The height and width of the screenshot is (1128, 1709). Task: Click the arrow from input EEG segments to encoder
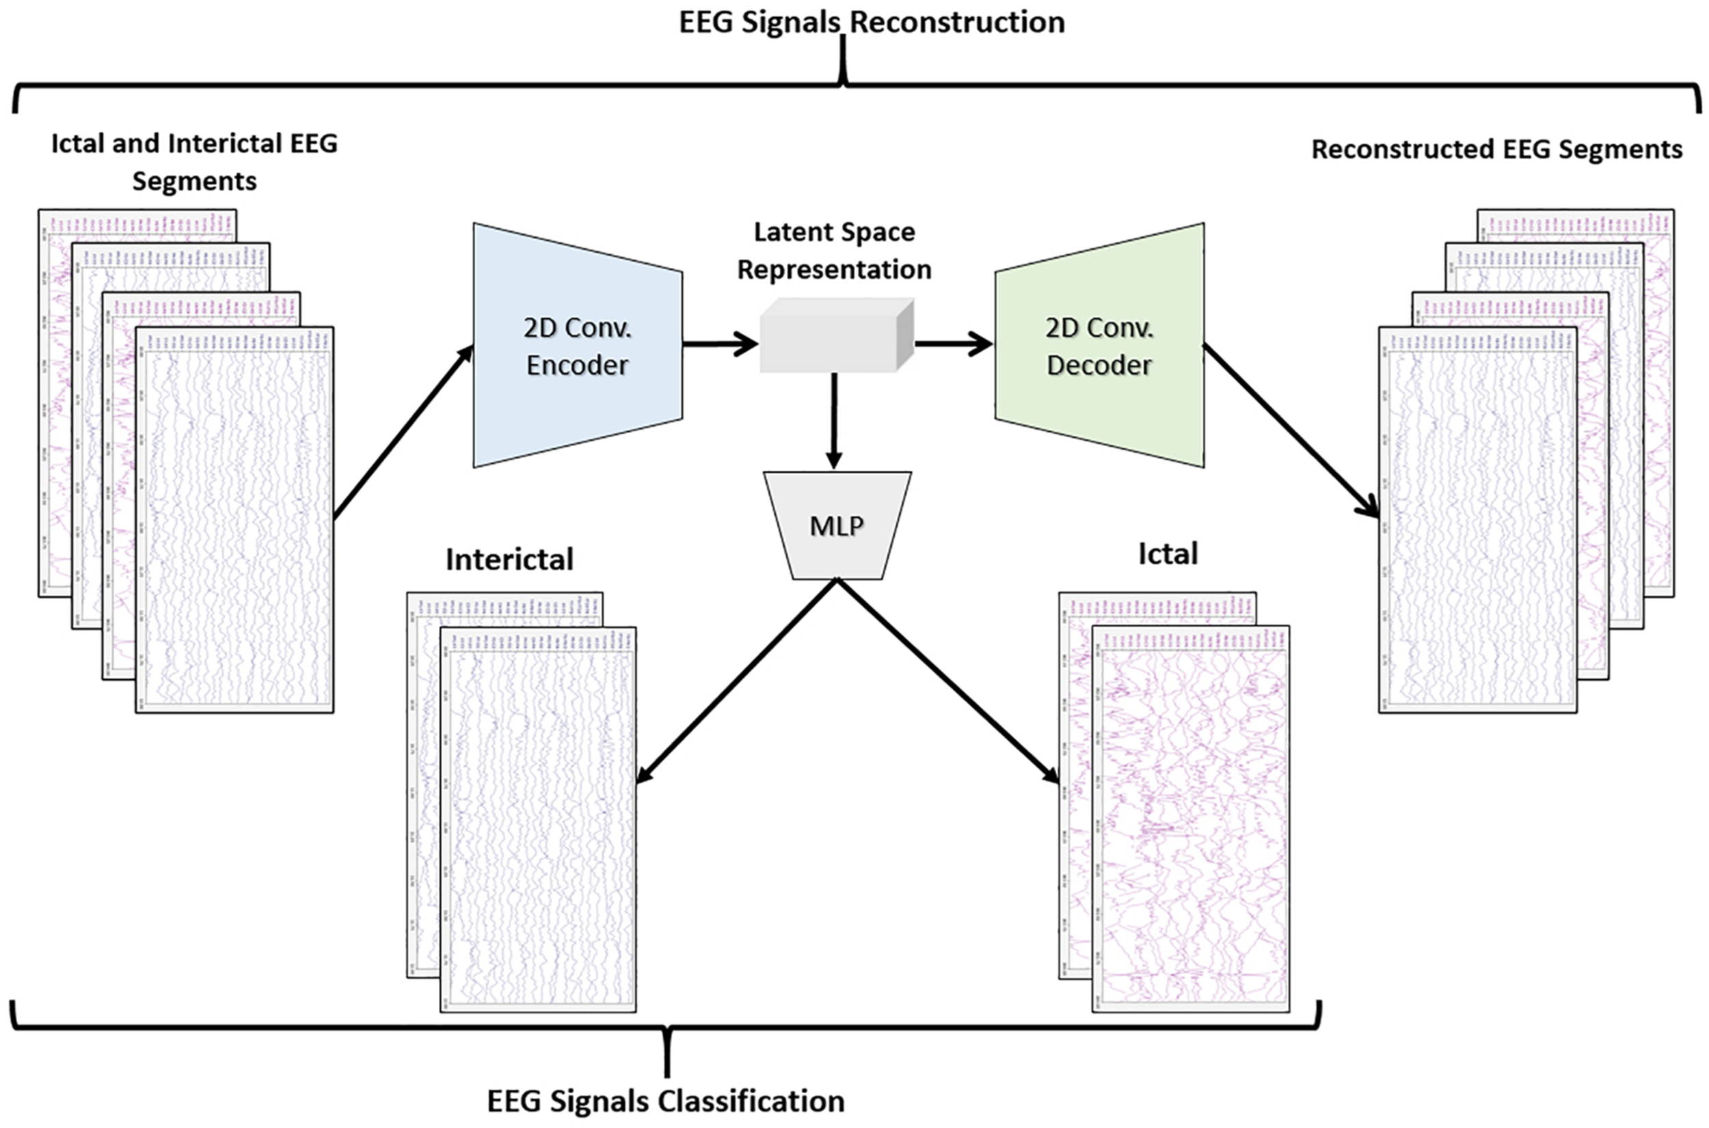click(403, 432)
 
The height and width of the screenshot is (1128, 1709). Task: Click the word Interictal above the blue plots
click(509, 560)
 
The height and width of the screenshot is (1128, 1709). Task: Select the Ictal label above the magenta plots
click(1167, 554)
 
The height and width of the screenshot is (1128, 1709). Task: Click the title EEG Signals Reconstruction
click(872, 23)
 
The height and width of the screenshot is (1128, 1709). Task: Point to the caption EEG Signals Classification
click(666, 1101)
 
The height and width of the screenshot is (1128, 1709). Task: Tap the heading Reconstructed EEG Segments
click(1496, 150)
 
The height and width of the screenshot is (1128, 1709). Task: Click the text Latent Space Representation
click(834, 250)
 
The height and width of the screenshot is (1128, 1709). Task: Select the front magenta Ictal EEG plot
click(1191, 820)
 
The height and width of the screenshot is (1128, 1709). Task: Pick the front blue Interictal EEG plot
click(538, 820)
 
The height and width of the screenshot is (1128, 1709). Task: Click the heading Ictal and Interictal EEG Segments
click(194, 162)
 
